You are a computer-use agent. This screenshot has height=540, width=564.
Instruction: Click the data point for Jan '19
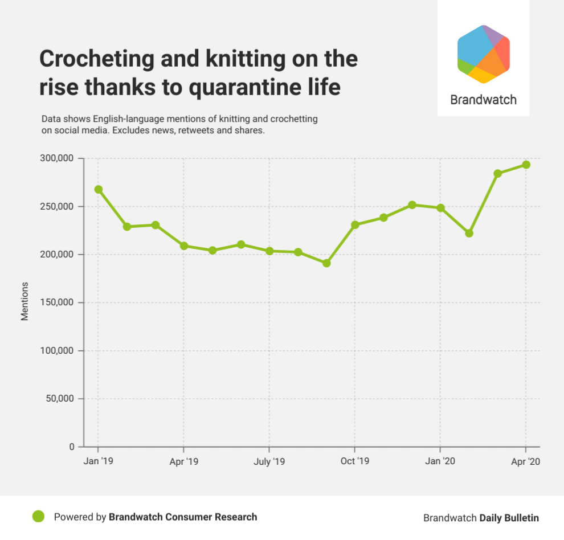pyautogui.click(x=98, y=189)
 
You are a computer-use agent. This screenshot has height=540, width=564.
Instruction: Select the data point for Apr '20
pyautogui.click(x=526, y=165)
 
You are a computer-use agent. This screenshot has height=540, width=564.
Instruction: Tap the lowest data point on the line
pyautogui.click(x=326, y=263)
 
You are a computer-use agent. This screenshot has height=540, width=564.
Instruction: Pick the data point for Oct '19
pyautogui.click(x=355, y=224)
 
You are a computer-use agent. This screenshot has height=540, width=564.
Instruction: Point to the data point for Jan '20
pyautogui.click(x=440, y=208)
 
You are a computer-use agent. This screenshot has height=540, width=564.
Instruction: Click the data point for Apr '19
pyautogui.click(x=184, y=246)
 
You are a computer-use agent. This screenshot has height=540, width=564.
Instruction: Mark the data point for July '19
pyautogui.click(x=269, y=251)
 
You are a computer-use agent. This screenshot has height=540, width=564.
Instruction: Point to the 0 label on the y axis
pyautogui.click(x=72, y=447)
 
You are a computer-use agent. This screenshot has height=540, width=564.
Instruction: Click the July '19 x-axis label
pyautogui.click(x=269, y=461)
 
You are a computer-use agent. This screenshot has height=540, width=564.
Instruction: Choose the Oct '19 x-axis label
pyautogui.click(x=354, y=461)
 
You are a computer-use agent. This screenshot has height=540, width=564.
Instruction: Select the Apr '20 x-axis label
pyautogui.click(x=525, y=461)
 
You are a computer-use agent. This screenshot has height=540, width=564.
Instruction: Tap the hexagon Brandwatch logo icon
pyautogui.click(x=483, y=54)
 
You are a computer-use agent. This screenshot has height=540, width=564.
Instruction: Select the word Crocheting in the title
pyautogui.click(x=95, y=59)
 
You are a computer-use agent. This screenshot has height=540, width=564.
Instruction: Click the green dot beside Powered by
pyautogui.click(x=38, y=517)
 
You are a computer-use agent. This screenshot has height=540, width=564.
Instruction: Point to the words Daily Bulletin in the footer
pyautogui.click(x=509, y=518)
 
